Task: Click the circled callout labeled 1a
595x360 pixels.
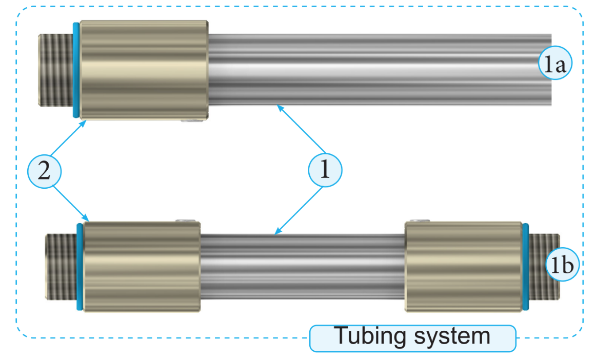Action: tap(554, 65)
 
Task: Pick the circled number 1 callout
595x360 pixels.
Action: tap(325, 169)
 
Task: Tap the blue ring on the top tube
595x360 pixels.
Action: tap(76, 70)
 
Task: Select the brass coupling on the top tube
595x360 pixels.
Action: tap(144, 70)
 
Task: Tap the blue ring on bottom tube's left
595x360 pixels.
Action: tap(80, 266)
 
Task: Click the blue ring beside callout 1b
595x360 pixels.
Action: tap(526, 267)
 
